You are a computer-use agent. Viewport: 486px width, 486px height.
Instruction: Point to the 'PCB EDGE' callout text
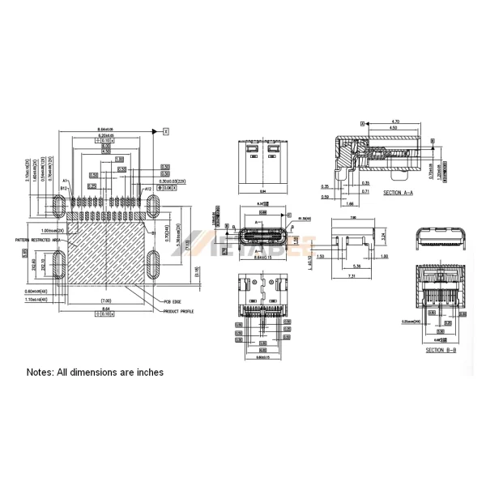[x=172, y=301]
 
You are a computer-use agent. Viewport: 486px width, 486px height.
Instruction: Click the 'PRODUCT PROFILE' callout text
[x=179, y=310]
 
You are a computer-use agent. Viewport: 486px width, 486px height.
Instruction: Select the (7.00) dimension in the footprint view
[x=105, y=300]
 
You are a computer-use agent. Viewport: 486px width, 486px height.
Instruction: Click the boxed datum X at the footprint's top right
[x=165, y=130]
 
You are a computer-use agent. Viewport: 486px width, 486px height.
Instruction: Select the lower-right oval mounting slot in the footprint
[x=154, y=264]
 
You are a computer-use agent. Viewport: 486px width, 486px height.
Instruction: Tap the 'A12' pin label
[x=148, y=188]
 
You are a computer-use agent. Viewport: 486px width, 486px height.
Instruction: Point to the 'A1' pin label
[x=65, y=181]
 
